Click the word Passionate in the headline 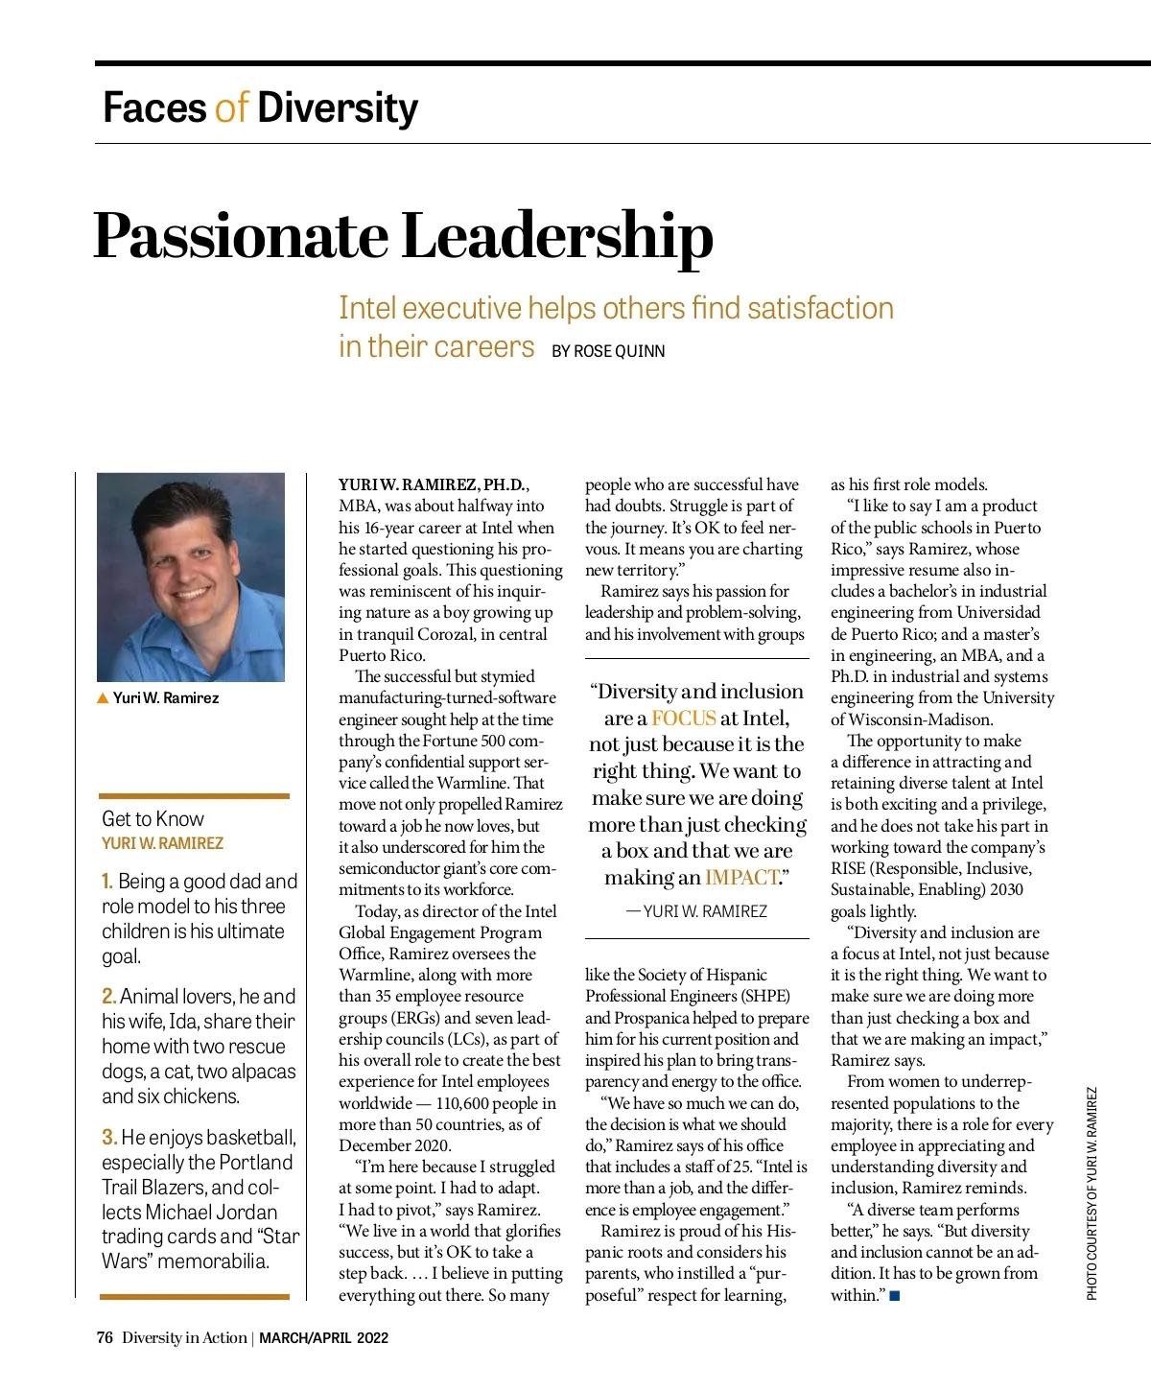[240, 237]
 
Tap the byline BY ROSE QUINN [608, 351]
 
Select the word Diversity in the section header [338, 107]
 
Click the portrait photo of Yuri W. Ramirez [191, 577]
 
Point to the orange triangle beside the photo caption [103, 698]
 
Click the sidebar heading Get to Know [153, 818]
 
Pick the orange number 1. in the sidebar [107, 881]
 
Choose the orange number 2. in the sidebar [109, 996]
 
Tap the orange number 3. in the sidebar [109, 1137]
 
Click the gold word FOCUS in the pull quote [684, 718]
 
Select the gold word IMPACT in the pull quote [742, 877]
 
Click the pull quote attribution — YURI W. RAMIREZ [697, 911]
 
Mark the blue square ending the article [895, 1296]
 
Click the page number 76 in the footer [105, 1337]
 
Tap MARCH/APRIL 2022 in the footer [323, 1338]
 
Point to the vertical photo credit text [1092, 1193]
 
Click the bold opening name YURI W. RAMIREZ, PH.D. [432, 484]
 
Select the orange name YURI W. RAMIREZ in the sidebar [162, 843]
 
